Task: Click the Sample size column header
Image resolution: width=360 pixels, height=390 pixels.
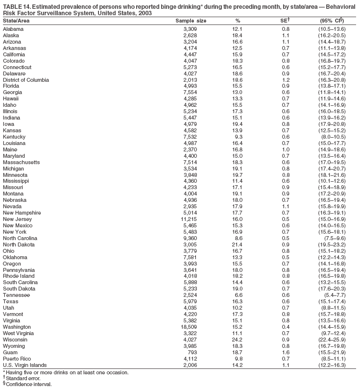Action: (x=191, y=21)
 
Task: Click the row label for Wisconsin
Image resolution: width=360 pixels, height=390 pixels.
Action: (x=15, y=340)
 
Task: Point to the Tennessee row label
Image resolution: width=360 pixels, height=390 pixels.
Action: (x=16, y=295)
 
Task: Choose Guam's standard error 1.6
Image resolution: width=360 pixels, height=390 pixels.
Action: (x=286, y=352)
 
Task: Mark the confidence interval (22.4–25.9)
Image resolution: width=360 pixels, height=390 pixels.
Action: (x=332, y=340)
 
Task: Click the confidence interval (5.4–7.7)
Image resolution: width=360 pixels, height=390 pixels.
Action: (x=334, y=295)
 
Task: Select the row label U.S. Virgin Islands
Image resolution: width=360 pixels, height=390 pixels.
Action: (x=25, y=365)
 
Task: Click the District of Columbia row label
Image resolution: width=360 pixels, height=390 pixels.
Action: (x=26, y=80)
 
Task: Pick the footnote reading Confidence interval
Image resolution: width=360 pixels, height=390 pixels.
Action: (x=28, y=385)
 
